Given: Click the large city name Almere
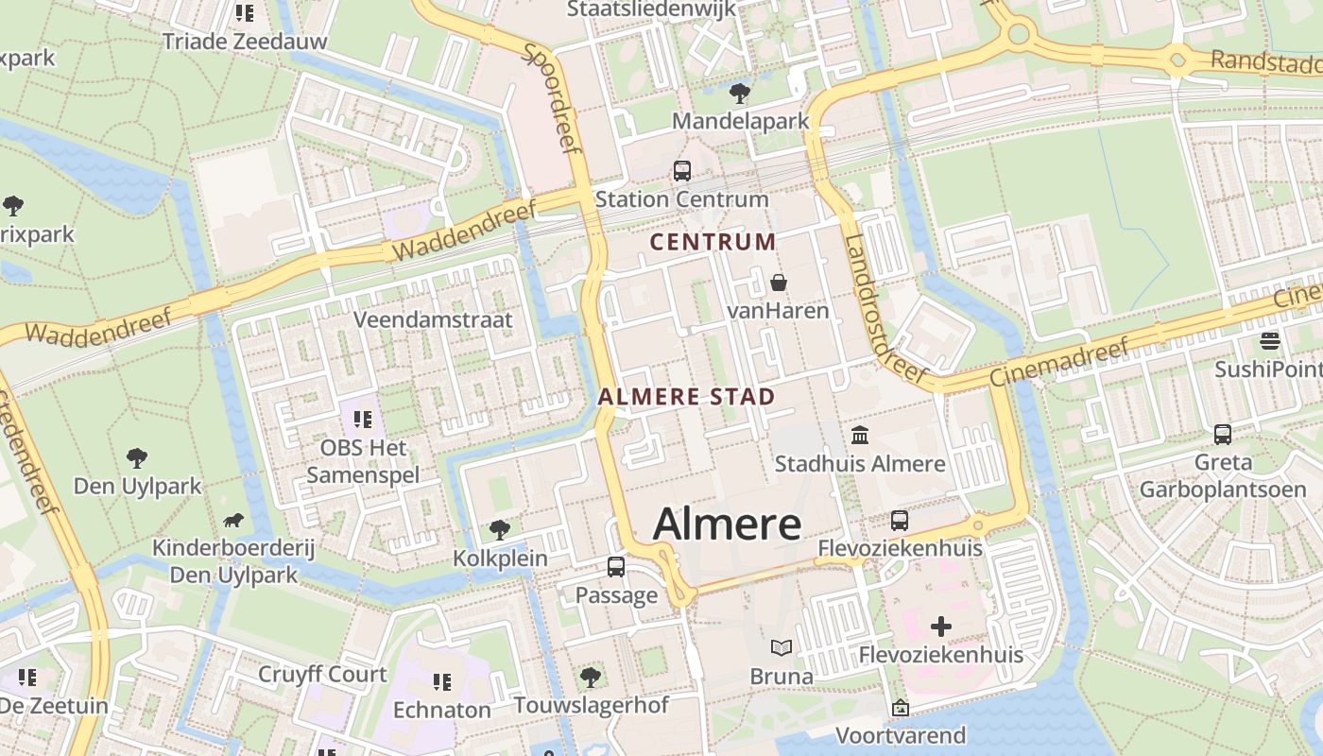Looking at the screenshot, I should (727, 524).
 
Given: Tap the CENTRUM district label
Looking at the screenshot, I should (713, 242).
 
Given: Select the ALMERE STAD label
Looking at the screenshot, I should (686, 397).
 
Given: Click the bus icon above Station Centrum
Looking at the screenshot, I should (681, 171).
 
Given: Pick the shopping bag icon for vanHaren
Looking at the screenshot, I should (778, 282).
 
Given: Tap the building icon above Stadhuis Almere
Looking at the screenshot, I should (860, 436).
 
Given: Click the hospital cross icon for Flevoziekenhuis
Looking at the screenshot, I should (940, 626).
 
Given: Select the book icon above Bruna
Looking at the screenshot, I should (782, 648).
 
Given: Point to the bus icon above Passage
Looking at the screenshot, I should (616, 567).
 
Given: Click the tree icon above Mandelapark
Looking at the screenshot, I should (740, 93).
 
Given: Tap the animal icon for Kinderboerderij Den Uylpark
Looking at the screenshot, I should (233, 520).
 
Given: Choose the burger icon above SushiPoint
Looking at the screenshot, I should (1270, 340).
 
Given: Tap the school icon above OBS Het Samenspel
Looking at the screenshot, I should (363, 419).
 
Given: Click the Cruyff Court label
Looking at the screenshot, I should (322, 674).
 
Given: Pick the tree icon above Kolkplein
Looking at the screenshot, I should (500, 529).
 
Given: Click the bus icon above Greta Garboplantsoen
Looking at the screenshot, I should (1222, 435).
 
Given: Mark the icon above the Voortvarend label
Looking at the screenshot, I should (901, 707).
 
